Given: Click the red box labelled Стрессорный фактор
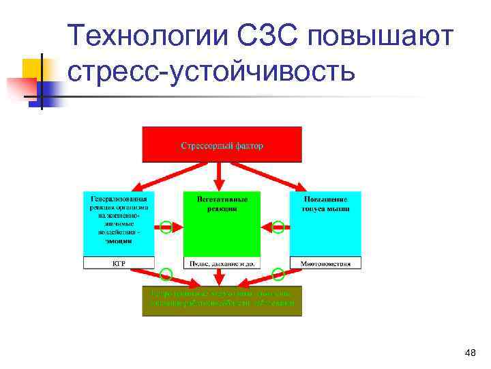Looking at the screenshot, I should point(222,144).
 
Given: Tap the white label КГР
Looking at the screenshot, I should point(119,263).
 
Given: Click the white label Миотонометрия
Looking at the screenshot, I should point(325,263).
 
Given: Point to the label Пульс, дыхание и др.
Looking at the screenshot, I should point(222,263).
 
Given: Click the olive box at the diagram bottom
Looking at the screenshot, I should point(222,301).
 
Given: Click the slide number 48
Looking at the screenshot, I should point(469,353).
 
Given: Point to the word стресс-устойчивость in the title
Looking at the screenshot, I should point(211,70).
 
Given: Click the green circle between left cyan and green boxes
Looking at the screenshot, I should point(166,228).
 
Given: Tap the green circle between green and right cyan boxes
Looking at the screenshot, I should point(278,228).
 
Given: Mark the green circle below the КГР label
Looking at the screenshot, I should point(166,275).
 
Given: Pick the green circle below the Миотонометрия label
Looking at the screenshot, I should point(278,275).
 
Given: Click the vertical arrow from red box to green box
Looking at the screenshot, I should point(219,176).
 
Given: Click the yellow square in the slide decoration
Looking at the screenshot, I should point(33,69).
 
